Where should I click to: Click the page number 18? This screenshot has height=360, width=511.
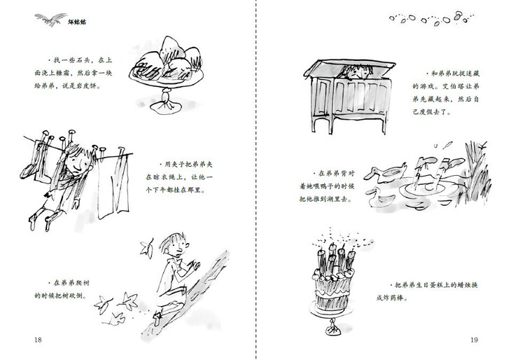(x=38, y=340)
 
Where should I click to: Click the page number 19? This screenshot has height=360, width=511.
(x=474, y=340)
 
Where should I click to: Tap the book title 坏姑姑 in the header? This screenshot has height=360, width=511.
(x=77, y=22)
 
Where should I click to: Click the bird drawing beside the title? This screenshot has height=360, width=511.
(x=50, y=19)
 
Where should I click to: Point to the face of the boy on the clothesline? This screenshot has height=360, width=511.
(x=77, y=162)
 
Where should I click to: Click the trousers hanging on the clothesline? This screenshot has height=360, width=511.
(x=113, y=184)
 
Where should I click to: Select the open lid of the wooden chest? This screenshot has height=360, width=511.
(x=350, y=67)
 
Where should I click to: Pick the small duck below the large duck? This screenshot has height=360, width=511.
(x=379, y=198)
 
